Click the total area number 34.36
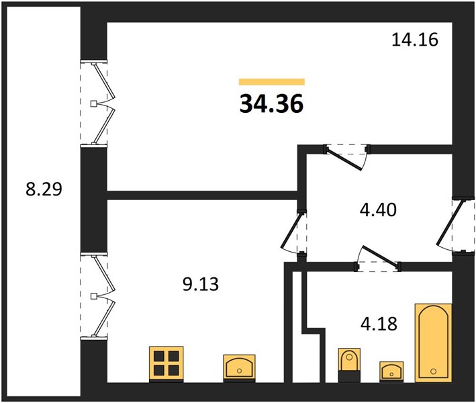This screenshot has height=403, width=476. coord(272,103)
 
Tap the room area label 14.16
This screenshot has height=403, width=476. coord(415,40)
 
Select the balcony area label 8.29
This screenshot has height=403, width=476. coord(44,189)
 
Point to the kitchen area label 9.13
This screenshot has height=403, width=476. coord(201,285)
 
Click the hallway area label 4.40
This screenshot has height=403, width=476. coord(378,210)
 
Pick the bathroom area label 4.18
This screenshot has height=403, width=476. coord(379,324)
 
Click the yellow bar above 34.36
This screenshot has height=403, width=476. coord(272,82)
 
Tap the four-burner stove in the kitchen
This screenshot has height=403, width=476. coord(166,363)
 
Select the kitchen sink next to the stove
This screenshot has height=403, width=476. coord(239,368)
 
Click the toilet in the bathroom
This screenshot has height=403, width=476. coord(349,365)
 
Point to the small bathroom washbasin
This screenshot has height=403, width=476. coord(391,371)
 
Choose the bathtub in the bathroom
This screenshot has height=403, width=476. coord(433,343)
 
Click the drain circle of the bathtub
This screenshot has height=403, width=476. coord(434,371)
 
